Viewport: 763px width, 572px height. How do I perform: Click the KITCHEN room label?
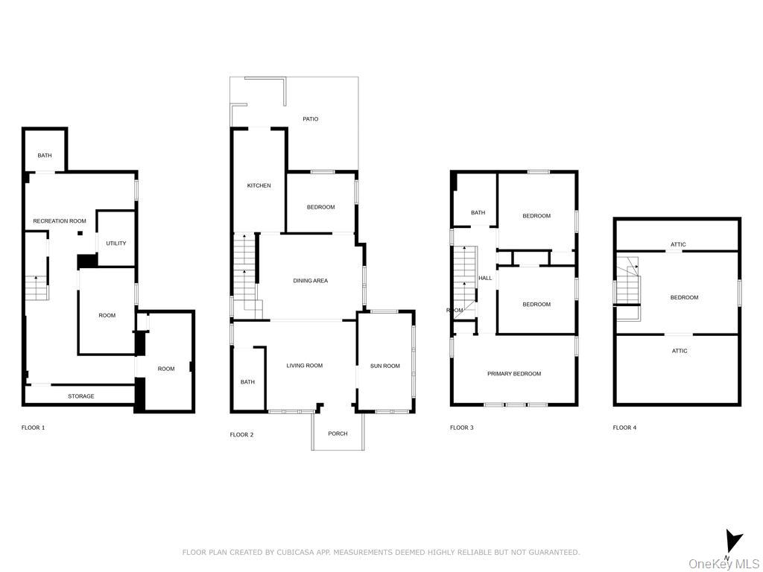[x=259, y=185]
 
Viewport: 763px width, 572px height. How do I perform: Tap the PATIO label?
[x=311, y=118]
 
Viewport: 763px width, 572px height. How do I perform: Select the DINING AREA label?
[x=311, y=281]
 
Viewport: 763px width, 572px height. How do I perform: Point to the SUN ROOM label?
[x=385, y=366]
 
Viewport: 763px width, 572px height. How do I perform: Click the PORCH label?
[x=338, y=433]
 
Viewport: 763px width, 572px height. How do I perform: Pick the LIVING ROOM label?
[x=305, y=365]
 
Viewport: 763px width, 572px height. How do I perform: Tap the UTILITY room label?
[x=116, y=244]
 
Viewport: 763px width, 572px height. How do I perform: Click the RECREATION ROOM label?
[x=60, y=220]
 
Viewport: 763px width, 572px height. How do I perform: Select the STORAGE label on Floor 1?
[x=81, y=396]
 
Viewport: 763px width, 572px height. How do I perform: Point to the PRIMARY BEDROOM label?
[x=514, y=374]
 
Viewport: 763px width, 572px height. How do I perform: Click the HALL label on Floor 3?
[x=485, y=279]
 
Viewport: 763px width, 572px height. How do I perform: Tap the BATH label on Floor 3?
[x=478, y=212]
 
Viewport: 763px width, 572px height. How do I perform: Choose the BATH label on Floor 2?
[x=247, y=382]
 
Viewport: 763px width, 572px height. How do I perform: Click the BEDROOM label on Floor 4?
[x=684, y=297]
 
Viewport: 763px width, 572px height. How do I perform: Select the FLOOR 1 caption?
[x=33, y=428]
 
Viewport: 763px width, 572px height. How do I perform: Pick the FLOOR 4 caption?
[x=625, y=428]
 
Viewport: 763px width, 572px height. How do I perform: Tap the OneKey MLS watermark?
[x=724, y=564]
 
